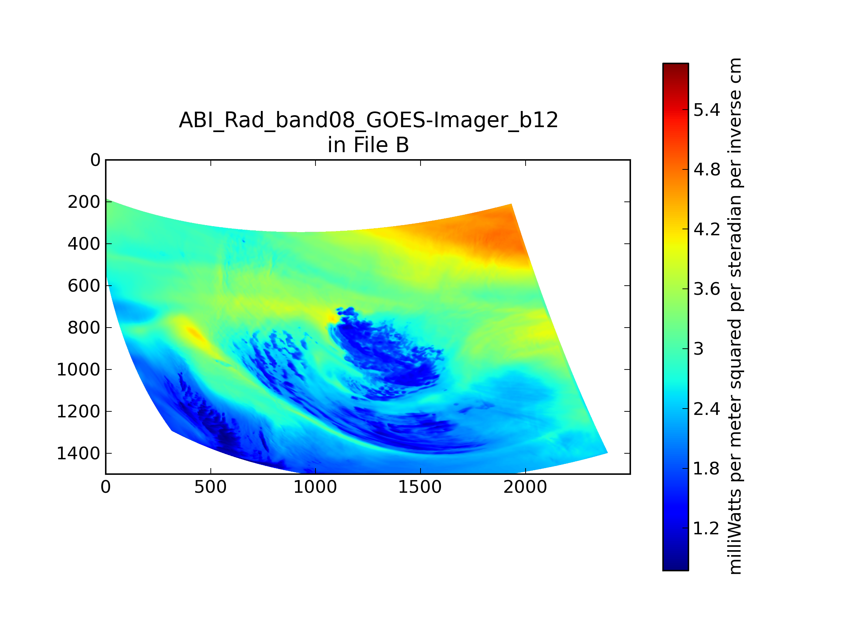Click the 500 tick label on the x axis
(210, 487)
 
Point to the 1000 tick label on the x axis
(315, 487)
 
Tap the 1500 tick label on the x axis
(420, 487)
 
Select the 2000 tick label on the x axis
(525, 487)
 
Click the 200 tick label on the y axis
(84, 202)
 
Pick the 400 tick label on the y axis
(84, 244)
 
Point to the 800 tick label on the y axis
(84, 328)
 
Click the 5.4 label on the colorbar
(707, 110)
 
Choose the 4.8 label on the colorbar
(707, 170)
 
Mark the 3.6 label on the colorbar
(707, 289)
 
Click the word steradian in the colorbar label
(735, 237)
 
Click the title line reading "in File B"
(368, 145)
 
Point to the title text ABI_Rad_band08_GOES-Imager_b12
(368, 120)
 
